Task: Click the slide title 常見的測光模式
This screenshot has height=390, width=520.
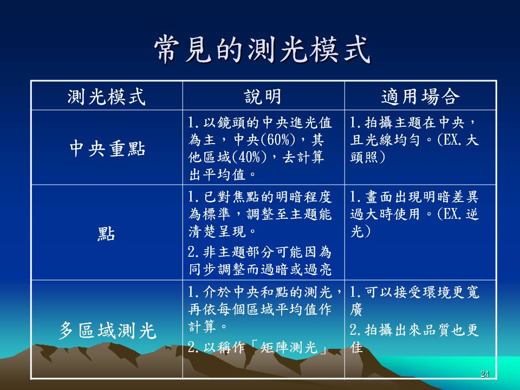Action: click(x=262, y=50)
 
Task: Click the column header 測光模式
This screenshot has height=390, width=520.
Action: click(x=107, y=97)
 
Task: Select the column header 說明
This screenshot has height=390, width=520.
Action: click(x=263, y=97)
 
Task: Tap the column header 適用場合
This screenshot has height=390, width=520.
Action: click(x=420, y=97)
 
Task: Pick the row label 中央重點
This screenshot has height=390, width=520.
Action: click(x=107, y=148)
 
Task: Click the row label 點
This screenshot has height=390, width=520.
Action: click(x=106, y=234)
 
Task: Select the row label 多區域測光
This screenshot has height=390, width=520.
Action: click(x=107, y=330)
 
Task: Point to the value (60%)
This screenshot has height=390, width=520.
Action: click(x=278, y=140)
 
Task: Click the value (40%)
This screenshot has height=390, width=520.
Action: click(x=249, y=157)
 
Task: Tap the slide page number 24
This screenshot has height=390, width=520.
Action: click(x=484, y=374)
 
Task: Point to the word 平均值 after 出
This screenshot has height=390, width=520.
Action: click(x=224, y=174)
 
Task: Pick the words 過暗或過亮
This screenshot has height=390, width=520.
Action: click(x=296, y=269)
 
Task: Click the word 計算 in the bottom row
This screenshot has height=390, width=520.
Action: click(x=202, y=326)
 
